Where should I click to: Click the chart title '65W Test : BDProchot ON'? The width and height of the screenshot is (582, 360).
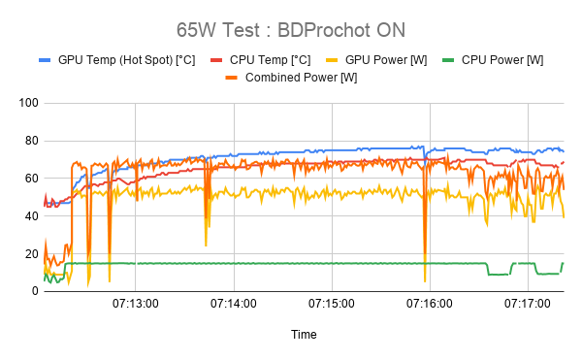290,28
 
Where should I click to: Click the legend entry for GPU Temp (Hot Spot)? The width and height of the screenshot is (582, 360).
126,60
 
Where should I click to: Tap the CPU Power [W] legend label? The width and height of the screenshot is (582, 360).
501,60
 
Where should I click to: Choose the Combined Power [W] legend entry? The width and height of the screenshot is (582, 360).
301,78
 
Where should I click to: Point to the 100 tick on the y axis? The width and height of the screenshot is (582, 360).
27,103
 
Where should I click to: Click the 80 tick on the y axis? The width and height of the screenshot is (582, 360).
30,141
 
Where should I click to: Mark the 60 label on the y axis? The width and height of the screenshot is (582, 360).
30,179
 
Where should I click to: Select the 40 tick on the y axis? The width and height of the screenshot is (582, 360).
30,216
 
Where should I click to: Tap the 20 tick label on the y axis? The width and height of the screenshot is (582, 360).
30,254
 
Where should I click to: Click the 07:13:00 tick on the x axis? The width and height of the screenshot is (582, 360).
135,304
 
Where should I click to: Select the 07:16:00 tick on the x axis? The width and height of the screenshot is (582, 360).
429,304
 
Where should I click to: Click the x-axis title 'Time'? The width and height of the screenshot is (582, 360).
304,334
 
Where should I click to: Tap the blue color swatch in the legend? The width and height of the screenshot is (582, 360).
45,60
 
